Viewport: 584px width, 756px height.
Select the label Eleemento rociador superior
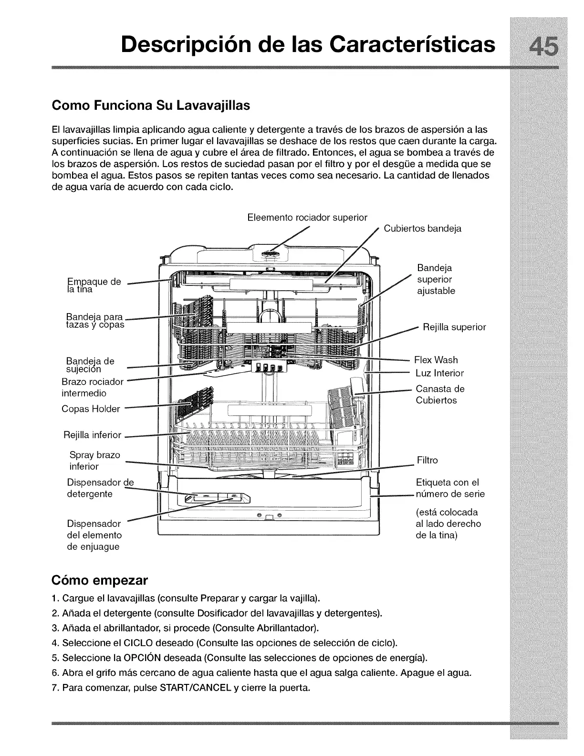(x=307, y=218)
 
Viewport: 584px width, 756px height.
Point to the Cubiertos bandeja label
(x=422, y=228)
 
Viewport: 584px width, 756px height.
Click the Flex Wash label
(x=436, y=360)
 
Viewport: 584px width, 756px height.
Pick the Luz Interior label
(x=439, y=373)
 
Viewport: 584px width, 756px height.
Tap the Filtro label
(x=427, y=460)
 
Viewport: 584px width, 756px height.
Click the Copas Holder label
(x=91, y=409)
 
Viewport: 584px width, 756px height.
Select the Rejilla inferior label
(x=92, y=435)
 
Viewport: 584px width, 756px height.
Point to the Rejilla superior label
(x=454, y=327)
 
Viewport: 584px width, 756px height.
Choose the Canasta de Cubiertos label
(x=439, y=394)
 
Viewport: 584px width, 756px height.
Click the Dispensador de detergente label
(x=100, y=488)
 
